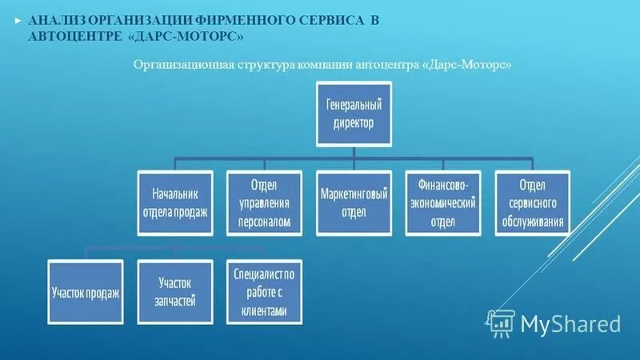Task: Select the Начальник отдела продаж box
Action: (x=175, y=202)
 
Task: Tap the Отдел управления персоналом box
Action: (x=264, y=202)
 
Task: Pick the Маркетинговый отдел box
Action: (x=354, y=202)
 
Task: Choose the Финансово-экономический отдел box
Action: (x=442, y=202)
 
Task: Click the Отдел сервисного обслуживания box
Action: (x=532, y=202)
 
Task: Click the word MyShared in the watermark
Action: (x=570, y=323)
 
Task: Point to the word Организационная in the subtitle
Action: (x=177, y=64)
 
